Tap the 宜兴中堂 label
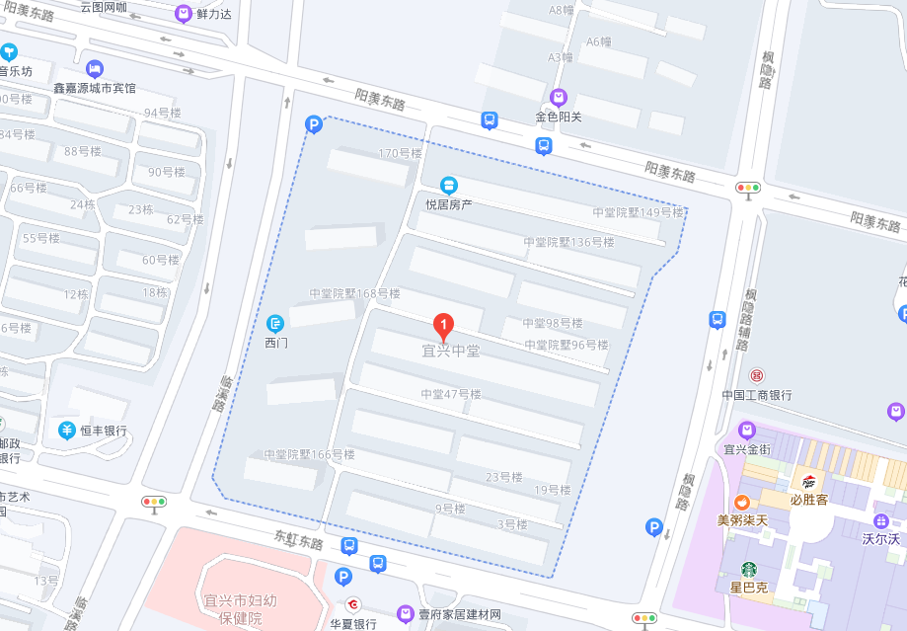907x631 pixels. (450, 351)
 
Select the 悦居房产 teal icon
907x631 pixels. (449, 185)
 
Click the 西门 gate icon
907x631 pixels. (275, 323)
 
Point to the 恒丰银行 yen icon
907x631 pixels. (66, 430)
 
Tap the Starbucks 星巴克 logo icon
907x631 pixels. (749, 569)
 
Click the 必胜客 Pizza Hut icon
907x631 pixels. (808, 481)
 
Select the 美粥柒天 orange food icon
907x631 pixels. (741, 502)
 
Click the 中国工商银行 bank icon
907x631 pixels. (756, 375)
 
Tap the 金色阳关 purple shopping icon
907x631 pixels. (559, 97)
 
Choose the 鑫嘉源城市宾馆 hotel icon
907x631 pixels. (95, 68)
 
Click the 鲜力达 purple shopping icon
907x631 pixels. (183, 13)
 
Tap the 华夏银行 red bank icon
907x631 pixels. (352, 604)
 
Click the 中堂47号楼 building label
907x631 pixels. (450, 394)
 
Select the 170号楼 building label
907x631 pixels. (400, 153)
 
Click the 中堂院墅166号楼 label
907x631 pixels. (309, 454)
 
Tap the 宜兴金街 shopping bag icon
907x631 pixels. (747, 430)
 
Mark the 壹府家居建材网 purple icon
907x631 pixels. (405, 614)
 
